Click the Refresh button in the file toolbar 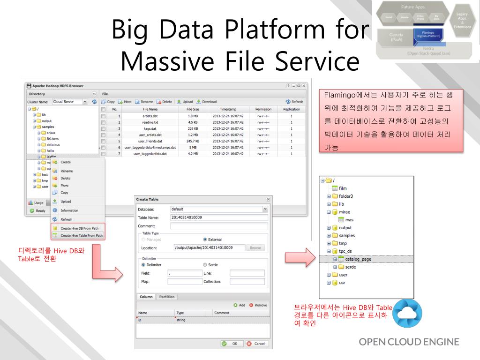tap(294, 102)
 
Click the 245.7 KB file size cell tap(193, 141)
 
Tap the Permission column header tap(263, 109)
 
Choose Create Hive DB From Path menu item tap(81, 228)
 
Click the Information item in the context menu tap(69, 210)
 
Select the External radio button tap(205, 240)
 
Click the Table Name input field tap(218, 217)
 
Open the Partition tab tap(166, 297)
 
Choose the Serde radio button tap(204, 265)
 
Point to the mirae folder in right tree tap(345, 212)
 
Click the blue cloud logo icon tap(407, 314)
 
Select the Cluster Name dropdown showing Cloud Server tap(70, 102)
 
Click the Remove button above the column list tap(258, 305)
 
